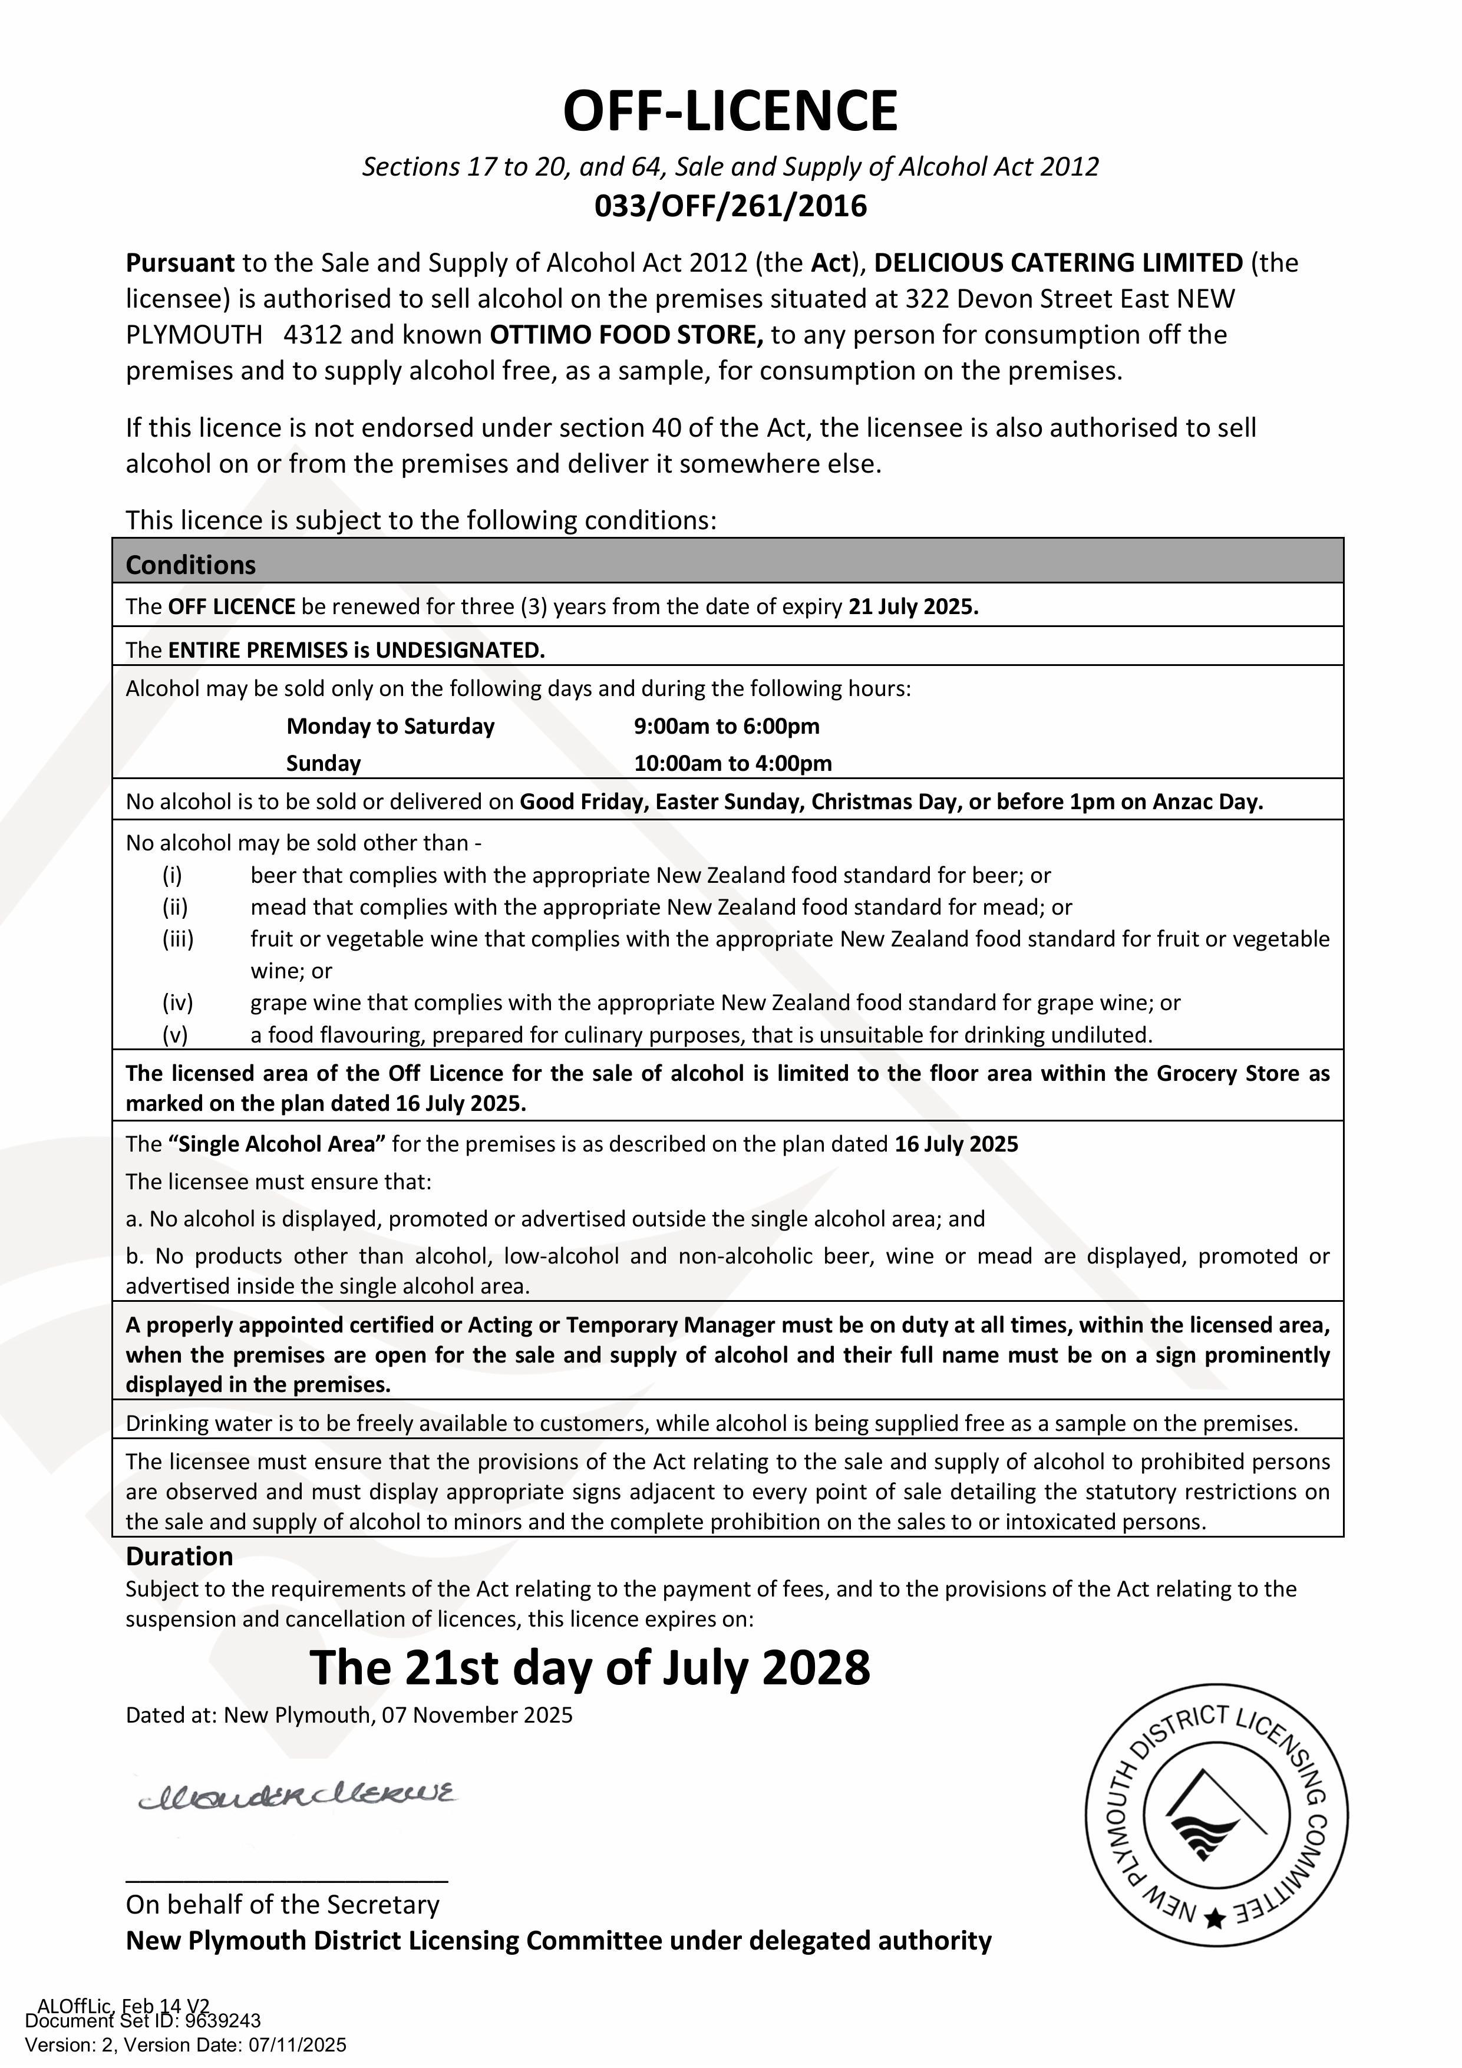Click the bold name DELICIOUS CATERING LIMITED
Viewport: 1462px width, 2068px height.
click(x=1058, y=263)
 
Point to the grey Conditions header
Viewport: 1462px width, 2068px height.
click(x=728, y=565)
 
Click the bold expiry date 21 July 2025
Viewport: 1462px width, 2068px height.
click(x=913, y=606)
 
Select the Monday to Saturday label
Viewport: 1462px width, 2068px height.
click(x=390, y=726)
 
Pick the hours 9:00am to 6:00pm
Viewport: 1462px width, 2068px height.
click(x=726, y=726)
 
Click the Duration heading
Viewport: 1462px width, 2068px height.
click(x=179, y=1556)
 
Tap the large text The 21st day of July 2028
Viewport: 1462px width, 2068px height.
click(x=590, y=1667)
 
